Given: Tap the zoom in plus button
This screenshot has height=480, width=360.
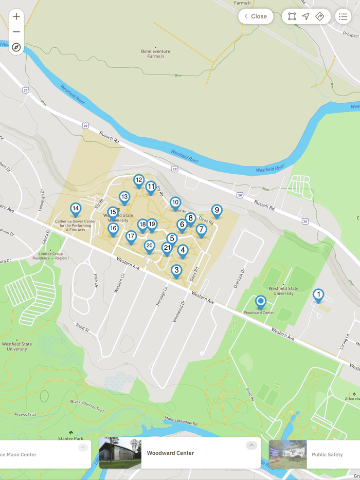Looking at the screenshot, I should pos(16,16).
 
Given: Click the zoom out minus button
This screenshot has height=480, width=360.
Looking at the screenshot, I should pos(16,32).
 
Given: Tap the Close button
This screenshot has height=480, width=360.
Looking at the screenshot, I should pos(256,16).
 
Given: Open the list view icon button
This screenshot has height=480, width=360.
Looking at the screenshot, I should pos(343,16).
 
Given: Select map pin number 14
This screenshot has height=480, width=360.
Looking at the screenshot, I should pos(76,209).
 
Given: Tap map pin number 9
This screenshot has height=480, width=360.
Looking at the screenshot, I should pos(217,210).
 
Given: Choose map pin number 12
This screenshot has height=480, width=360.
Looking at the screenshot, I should pos(138,180).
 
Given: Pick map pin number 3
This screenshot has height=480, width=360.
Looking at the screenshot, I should pos(176,270).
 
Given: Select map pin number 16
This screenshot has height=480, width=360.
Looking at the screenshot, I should pos(113,229).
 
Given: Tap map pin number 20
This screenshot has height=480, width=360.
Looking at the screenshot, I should pos(149,246).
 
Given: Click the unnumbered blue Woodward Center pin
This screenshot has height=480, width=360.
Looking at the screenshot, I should pos(261,301).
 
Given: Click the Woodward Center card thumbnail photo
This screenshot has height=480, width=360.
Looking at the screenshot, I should pos(120,453).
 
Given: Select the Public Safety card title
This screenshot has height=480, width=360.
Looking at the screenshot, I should pos(327,454).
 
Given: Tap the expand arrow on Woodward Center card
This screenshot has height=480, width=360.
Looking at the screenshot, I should pos(251,446).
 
